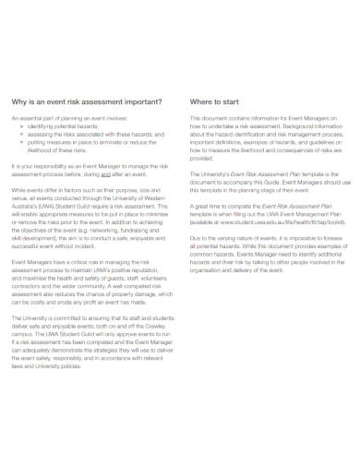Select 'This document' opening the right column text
coord(206,119)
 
